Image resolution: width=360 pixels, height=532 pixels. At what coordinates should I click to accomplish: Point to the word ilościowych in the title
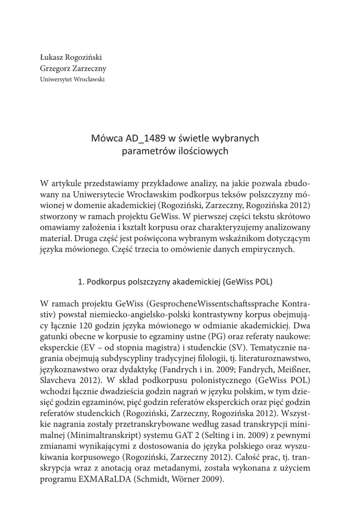point(204,151)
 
